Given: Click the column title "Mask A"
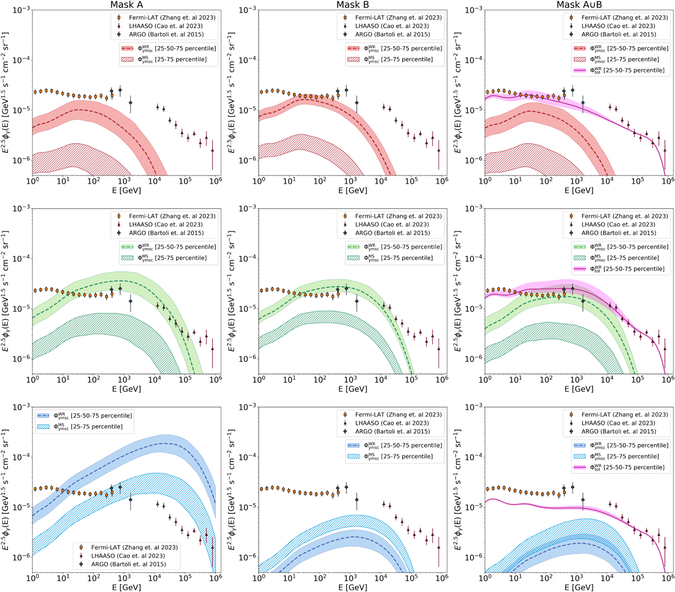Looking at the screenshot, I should [126, 5].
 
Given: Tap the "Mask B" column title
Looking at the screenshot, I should [352, 5].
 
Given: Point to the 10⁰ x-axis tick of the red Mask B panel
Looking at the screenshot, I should [259, 182].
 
